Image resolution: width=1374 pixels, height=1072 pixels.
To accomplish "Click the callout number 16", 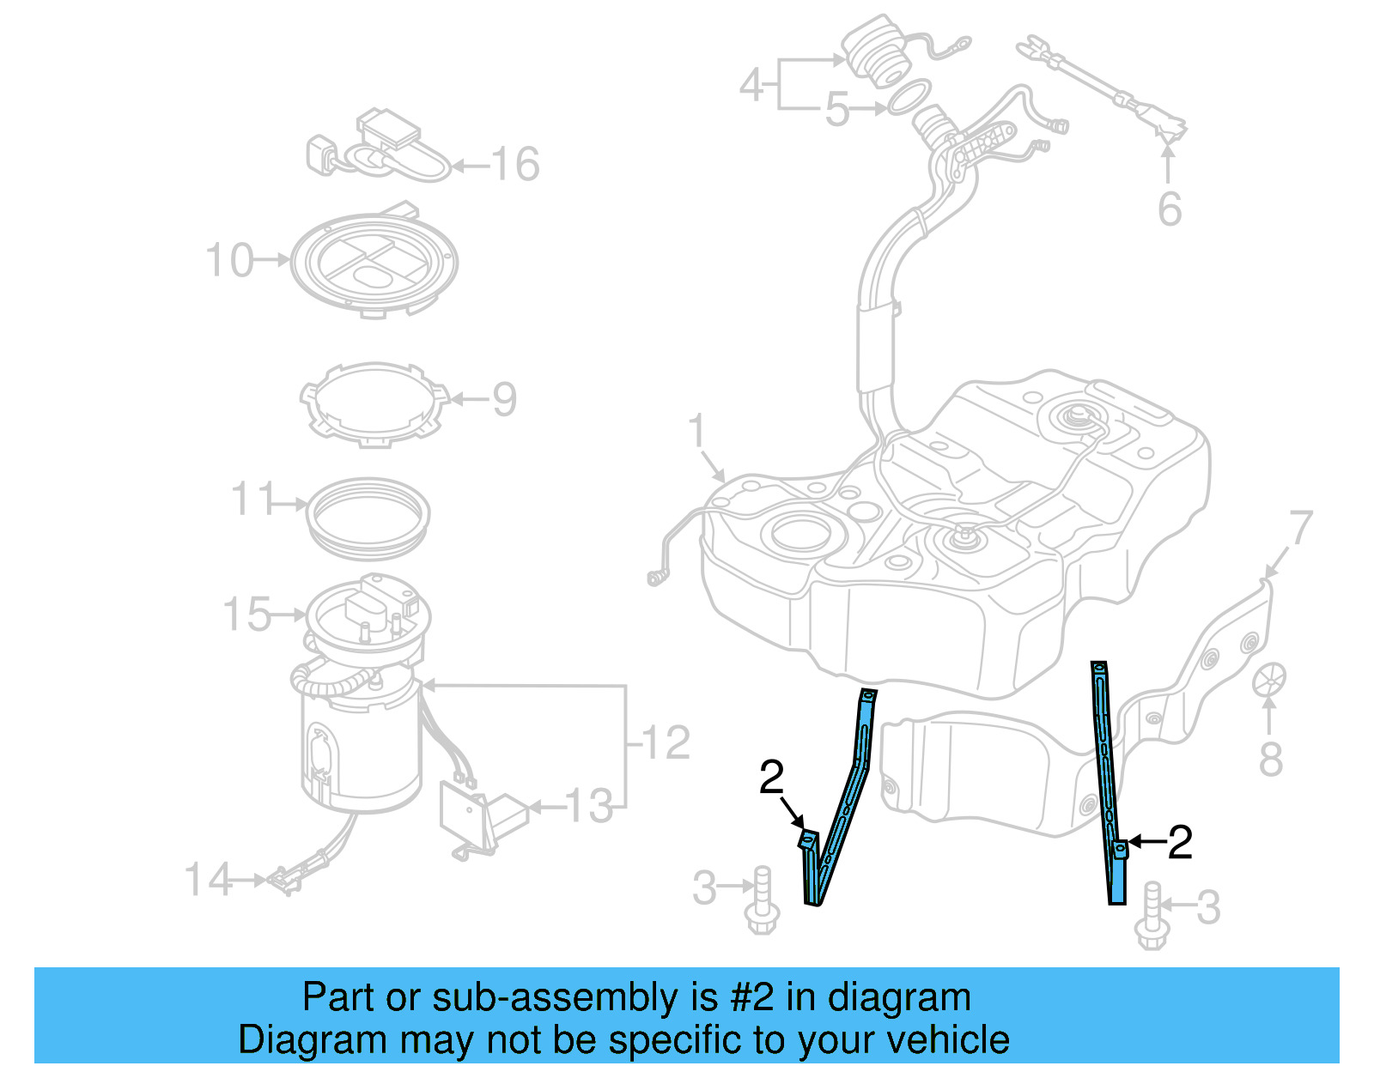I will pyautogui.click(x=515, y=164).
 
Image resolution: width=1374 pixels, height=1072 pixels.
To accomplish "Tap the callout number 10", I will pyautogui.click(x=230, y=260).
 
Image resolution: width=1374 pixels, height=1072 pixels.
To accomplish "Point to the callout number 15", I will pyautogui.click(x=247, y=615).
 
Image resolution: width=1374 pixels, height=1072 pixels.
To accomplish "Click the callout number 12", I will pyautogui.click(x=666, y=742).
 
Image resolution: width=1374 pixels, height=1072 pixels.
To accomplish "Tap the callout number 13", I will pyautogui.click(x=590, y=807).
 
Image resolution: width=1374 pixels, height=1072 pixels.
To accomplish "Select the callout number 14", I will pyautogui.click(x=208, y=880).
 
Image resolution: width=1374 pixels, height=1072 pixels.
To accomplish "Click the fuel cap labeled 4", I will pyautogui.click(x=872, y=51).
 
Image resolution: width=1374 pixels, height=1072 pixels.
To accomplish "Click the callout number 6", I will pyautogui.click(x=1170, y=209).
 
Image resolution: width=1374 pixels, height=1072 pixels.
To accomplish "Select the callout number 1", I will pyautogui.click(x=697, y=432).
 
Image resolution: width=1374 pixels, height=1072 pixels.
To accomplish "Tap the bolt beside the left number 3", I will pyautogui.click(x=762, y=901).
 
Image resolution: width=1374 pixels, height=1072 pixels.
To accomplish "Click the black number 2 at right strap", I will pyautogui.click(x=1181, y=843).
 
